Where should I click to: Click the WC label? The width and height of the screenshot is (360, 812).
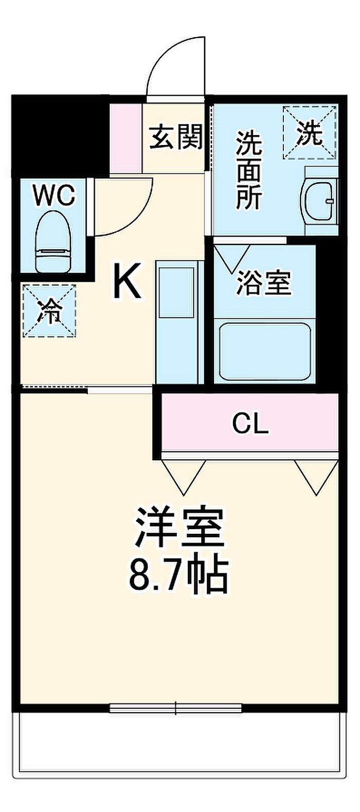coord(53,196)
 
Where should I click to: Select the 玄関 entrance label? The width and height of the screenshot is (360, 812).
coord(176,137)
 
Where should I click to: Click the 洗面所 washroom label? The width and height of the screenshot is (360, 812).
coord(249,170)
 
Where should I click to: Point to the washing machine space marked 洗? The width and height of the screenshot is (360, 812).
coord(310,133)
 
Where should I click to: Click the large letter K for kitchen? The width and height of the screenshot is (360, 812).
coord(127,281)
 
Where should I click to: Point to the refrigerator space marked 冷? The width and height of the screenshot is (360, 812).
coord(49,311)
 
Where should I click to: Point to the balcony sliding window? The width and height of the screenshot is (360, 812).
coord(176,708)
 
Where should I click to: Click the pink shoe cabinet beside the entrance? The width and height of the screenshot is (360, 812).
coord(126,138)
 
